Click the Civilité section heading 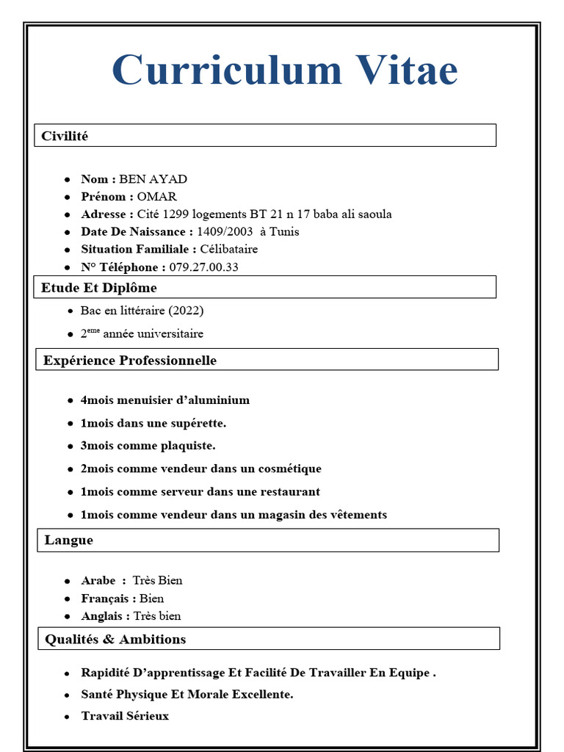tap(65, 136)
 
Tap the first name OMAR tap(157, 197)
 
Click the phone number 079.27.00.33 tap(203, 267)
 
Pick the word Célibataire tap(229, 250)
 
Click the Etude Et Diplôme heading tap(99, 288)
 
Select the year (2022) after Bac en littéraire tap(186, 311)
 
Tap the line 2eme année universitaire tap(142, 334)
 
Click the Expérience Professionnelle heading tap(130, 361)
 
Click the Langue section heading tap(69, 540)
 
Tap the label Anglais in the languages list tap(103, 616)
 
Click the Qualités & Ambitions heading tap(115, 640)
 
